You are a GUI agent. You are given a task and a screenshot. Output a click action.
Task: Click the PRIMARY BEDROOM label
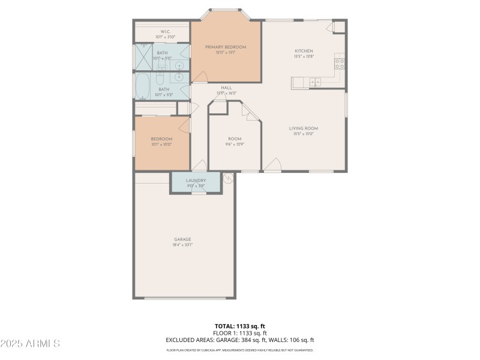226,47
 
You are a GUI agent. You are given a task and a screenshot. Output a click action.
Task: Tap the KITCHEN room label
304,51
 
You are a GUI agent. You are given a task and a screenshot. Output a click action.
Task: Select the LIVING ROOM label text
304,128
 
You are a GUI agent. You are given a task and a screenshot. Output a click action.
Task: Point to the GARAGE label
182,239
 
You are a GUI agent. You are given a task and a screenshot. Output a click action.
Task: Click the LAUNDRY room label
196,180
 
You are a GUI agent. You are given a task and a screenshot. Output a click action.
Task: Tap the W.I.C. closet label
166,31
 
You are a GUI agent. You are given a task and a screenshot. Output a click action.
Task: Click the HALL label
226,88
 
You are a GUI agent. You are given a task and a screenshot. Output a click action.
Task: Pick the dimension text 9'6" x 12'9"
235,144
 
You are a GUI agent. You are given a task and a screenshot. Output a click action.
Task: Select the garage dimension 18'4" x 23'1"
182,245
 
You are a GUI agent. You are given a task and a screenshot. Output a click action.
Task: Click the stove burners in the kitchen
339,62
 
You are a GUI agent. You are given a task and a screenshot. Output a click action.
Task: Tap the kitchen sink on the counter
315,82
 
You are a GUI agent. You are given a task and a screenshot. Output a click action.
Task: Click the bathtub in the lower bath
143,87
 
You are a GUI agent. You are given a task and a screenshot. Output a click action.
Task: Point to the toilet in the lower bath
161,78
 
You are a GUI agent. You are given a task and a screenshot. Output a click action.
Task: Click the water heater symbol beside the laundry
227,177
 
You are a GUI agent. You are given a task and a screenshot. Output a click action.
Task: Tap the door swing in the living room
272,164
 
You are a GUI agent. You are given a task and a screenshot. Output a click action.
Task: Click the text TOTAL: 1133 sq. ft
240,326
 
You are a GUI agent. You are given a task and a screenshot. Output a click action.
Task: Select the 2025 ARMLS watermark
30,344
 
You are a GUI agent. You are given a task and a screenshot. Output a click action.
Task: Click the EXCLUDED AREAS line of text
240,340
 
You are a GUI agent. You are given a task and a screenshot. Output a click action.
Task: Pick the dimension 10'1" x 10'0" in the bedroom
161,145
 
